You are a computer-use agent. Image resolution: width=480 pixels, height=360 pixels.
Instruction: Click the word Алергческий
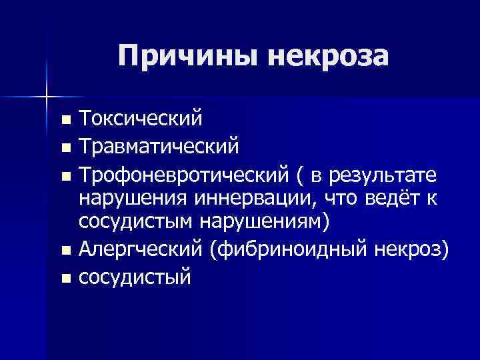139,251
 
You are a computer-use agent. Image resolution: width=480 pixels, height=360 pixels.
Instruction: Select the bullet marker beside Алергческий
64,251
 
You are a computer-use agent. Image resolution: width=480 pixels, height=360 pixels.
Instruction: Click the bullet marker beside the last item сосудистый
64,275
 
